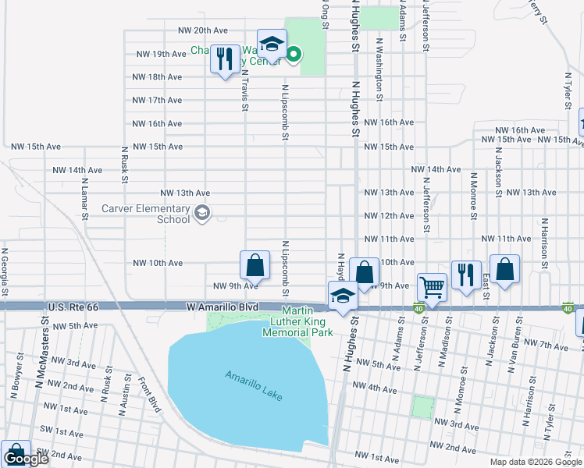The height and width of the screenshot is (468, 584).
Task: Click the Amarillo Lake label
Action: pyautogui.click(x=252, y=386)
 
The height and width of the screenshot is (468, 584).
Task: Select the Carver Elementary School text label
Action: pyautogui.click(x=146, y=214)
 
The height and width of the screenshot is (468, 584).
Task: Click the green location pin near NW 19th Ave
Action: pyautogui.click(x=294, y=54)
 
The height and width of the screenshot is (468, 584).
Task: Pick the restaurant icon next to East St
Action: pyautogui.click(x=466, y=275)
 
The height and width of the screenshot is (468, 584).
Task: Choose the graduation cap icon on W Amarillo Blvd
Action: pyautogui.click(x=342, y=297)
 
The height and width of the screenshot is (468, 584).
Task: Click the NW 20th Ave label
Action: pyautogui.click(x=201, y=30)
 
